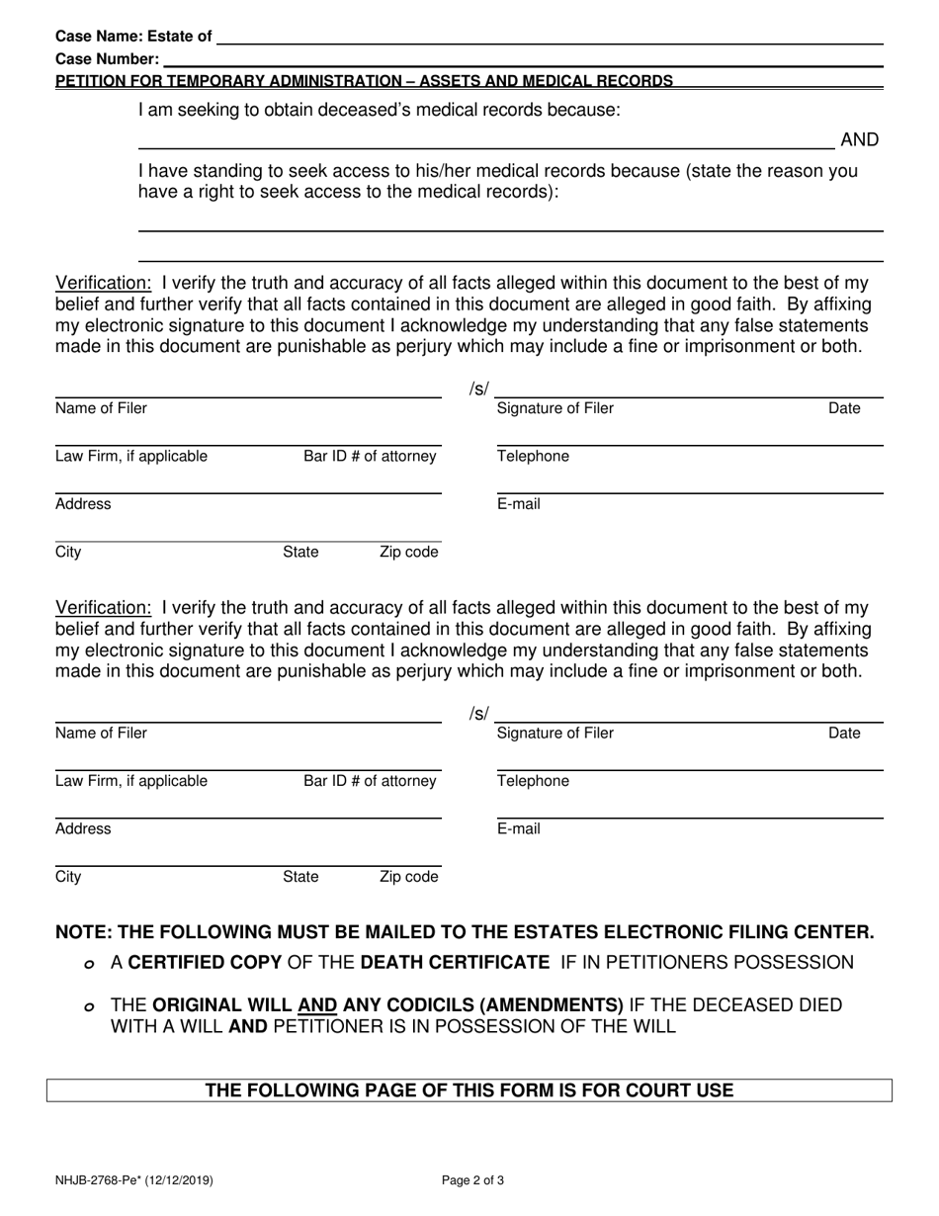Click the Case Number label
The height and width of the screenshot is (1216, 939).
pyautogui.click(x=107, y=59)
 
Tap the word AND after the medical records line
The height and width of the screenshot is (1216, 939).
pyautogui.click(x=859, y=140)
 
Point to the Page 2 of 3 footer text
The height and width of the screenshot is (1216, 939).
pyautogui.click(x=474, y=1179)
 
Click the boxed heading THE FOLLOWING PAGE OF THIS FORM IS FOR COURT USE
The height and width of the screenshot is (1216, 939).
pyautogui.click(x=469, y=1090)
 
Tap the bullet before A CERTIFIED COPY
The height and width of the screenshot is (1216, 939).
pyautogui.click(x=90, y=963)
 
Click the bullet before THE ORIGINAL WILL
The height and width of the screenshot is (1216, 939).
pyautogui.click(x=90, y=1006)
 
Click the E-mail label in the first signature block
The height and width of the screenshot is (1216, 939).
pyautogui.click(x=518, y=504)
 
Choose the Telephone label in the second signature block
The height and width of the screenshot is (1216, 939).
pyautogui.click(x=533, y=781)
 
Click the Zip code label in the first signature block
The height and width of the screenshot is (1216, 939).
pyautogui.click(x=408, y=553)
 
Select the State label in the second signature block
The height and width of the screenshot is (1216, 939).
pyautogui.click(x=300, y=877)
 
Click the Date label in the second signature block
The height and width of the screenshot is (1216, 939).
pyautogui.click(x=844, y=734)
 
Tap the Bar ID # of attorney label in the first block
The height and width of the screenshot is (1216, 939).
pyautogui.click(x=370, y=457)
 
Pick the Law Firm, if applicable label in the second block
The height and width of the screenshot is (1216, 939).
pyautogui.click(x=131, y=781)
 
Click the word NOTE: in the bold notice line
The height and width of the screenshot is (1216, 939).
pyautogui.click(x=82, y=932)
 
